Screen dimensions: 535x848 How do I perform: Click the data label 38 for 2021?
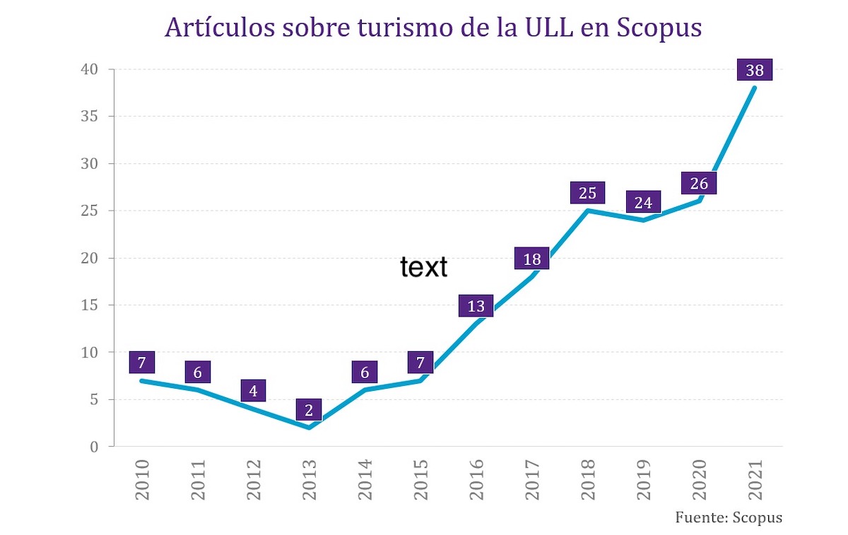coord(754,70)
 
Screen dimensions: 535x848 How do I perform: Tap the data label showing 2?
coord(309,410)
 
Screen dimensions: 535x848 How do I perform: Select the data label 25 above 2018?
coord(587,193)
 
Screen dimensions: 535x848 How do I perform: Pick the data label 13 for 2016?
coord(476,306)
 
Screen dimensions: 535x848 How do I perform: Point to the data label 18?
coord(532,259)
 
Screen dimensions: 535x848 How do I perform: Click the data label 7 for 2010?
coord(142,363)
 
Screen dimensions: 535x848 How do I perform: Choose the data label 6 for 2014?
coord(365,372)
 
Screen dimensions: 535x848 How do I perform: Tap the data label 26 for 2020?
coord(699,183)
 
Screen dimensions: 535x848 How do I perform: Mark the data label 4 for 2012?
coord(253,391)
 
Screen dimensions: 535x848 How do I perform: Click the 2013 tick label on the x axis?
coord(309,481)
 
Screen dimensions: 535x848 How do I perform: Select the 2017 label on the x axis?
coord(532,481)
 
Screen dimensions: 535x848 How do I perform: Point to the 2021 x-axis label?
coord(755,481)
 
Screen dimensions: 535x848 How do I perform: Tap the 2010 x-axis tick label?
coord(142,481)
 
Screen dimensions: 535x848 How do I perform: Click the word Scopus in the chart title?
coord(659,28)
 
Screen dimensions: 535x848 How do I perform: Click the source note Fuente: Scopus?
coord(729,517)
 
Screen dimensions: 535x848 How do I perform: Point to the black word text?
coord(423,267)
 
